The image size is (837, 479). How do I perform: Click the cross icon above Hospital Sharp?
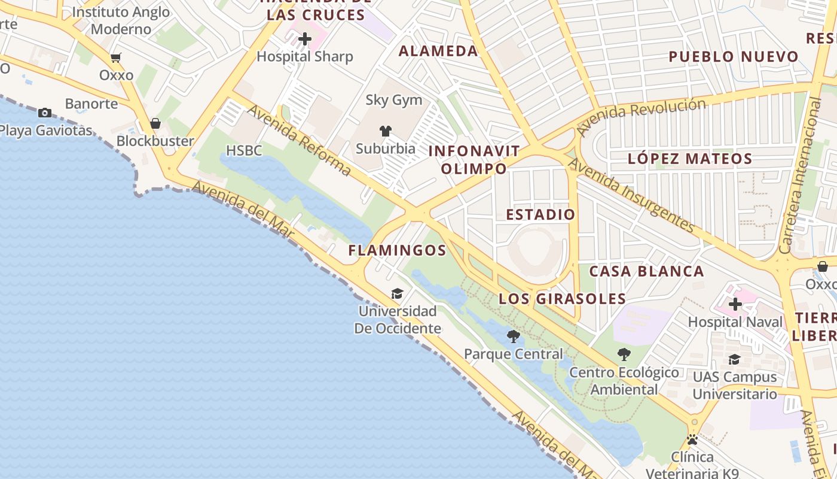click(305, 40)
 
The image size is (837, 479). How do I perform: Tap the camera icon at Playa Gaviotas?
click(44, 113)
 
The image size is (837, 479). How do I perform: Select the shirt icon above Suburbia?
click(386, 131)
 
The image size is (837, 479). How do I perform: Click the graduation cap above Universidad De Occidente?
click(397, 293)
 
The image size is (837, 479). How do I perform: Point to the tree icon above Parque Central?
click(513, 336)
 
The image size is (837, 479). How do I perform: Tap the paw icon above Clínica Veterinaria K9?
click(692, 439)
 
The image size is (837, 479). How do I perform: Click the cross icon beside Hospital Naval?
click(735, 304)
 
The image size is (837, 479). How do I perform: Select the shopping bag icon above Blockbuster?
click(155, 123)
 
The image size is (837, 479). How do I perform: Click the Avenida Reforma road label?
click(299, 140)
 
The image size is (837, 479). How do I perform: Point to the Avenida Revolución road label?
click(641, 116)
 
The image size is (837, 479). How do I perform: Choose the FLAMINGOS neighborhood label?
click(397, 250)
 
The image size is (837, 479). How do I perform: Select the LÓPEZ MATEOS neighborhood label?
click(690, 159)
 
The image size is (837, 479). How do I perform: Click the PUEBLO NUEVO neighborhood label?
click(733, 57)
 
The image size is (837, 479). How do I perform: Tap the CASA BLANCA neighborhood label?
click(646, 271)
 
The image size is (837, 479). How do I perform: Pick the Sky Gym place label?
click(393, 100)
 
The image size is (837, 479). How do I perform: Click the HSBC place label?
click(244, 150)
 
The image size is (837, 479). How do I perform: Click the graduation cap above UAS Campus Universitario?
click(734, 359)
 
